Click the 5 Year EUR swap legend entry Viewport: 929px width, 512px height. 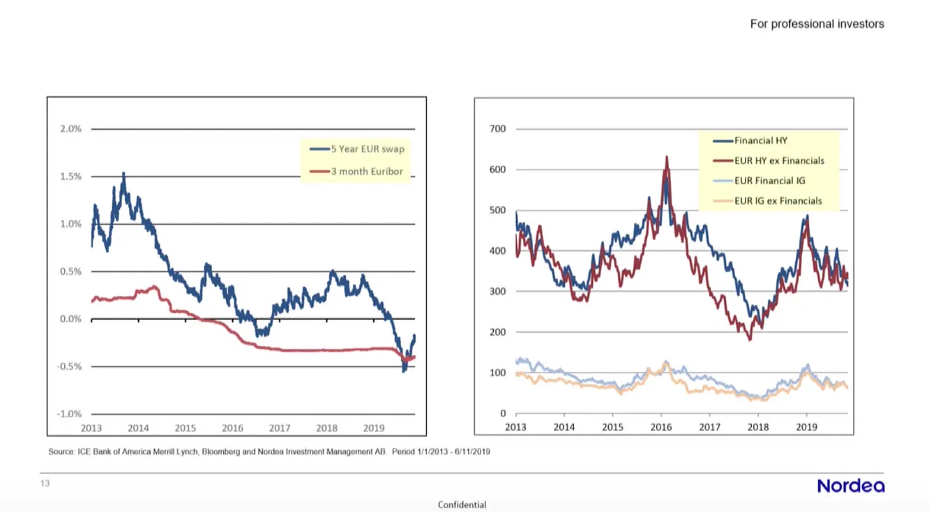pyautogui.click(x=357, y=149)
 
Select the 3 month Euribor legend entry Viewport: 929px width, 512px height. pyautogui.click(x=357, y=171)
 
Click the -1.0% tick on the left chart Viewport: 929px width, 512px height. pyautogui.click(x=68, y=414)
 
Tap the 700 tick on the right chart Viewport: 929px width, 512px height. pyautogui.click(x=498, y=129)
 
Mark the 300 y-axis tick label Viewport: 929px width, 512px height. pyautogui.click(x=498, y=292)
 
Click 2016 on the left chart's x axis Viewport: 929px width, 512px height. pyautogui.click(x=232, y=428)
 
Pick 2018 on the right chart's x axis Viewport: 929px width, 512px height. pyautogui.click(x=758, y=427)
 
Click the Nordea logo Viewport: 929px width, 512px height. pyautogui.click(x=850, y=485)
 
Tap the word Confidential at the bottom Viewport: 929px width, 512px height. pyautogui.click(x=462, y=504)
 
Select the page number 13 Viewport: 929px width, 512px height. pyautogui.click(x=45, y=483)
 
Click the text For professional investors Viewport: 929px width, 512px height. pyautogui.click(x=817, y=24)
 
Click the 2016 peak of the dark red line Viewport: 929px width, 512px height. pyautogui.click(x=667, y=157)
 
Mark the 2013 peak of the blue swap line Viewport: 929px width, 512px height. pyautogui.click(x=123, y=174)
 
